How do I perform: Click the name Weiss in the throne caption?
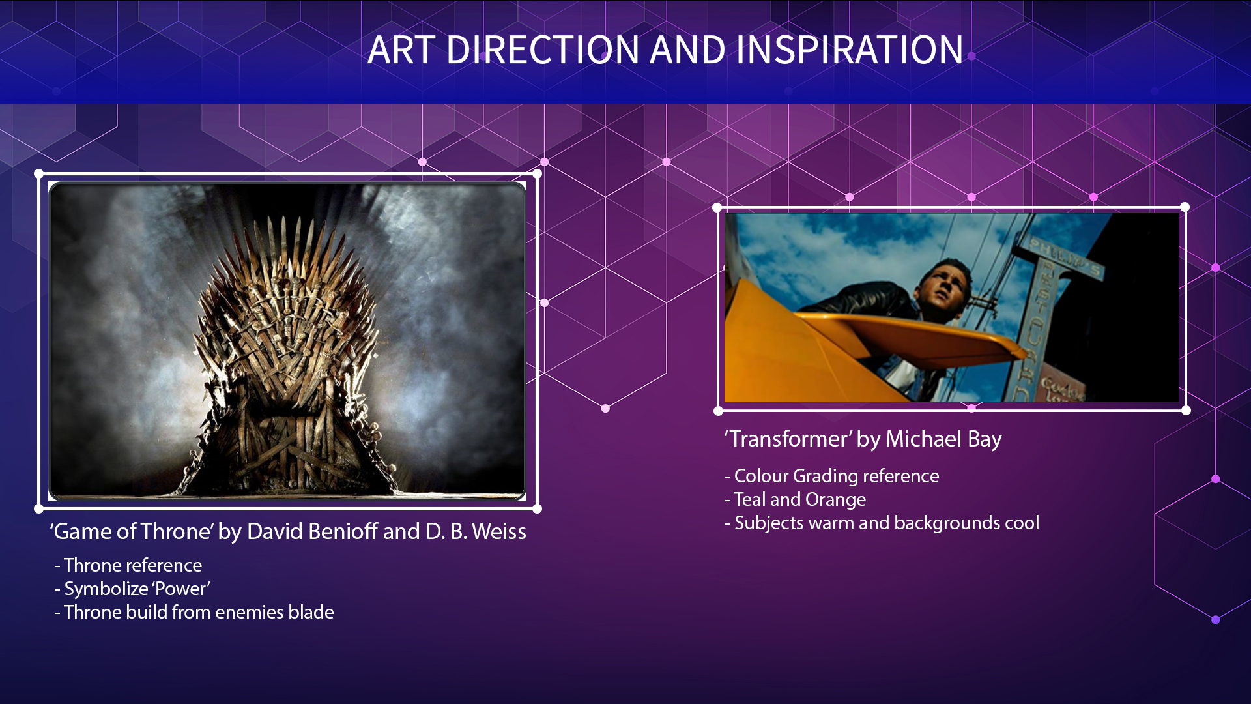point(499,531)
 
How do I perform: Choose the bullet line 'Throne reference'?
point(128,565)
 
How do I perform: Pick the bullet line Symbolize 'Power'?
point(132,589)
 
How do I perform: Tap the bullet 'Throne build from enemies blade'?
point(194,612)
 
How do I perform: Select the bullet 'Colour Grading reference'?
point(832,476)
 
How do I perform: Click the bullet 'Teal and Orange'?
point(796,499)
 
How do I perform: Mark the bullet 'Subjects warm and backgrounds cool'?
point(882,523)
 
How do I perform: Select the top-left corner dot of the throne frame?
point(39,174)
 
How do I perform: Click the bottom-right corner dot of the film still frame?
point(1186,410)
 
